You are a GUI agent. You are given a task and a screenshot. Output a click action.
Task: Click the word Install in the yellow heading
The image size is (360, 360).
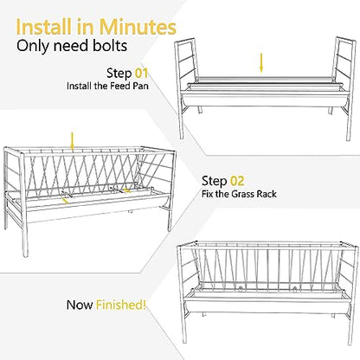pos(43,27)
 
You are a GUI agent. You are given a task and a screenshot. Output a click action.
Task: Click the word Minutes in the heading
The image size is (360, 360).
pos(138,27)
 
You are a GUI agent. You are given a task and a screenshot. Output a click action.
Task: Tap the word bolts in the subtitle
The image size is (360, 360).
pos(110,46)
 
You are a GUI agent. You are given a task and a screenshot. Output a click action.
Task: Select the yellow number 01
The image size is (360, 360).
pos(141,73)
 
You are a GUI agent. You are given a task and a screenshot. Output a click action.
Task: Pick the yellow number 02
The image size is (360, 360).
pos(237,181)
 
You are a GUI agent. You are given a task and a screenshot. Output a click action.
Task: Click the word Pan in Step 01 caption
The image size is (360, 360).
pos(141,86)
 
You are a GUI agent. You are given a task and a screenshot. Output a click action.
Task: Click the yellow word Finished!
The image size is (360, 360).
pos(121,305)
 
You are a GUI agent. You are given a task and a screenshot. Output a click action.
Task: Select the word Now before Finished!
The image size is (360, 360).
pos(80,305)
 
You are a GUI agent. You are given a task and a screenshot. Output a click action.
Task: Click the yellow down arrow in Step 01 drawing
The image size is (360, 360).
pos(261,63)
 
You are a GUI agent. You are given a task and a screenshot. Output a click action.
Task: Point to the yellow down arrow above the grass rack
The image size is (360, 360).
pos(72,142)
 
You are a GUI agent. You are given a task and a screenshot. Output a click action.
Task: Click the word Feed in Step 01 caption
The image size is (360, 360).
pos(120,86)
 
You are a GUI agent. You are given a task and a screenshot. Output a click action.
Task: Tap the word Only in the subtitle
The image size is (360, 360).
pos(33,46)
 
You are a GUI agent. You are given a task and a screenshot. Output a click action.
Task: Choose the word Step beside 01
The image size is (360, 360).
pos(119,74)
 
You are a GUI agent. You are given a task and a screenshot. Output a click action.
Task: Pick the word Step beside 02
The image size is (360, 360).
pos(215,182)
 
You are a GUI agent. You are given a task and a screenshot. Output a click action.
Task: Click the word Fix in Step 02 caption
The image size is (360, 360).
pos(208,194)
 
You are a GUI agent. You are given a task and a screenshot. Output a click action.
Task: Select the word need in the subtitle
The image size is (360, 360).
pos(72,46)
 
